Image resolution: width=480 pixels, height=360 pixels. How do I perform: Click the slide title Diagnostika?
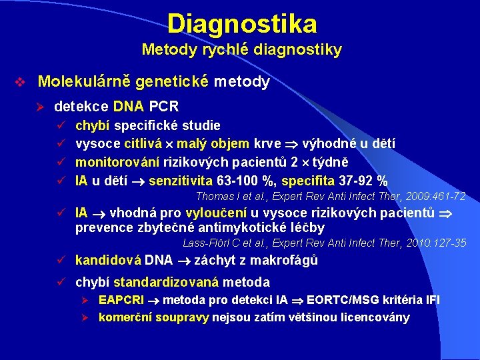[241, 24]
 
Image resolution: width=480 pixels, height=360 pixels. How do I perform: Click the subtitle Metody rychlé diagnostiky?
[241, 50]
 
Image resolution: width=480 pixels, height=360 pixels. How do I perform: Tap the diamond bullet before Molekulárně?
[20, 83]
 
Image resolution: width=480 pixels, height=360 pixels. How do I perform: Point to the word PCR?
[164, 106]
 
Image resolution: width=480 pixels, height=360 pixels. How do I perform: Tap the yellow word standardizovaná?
[167, 282]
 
